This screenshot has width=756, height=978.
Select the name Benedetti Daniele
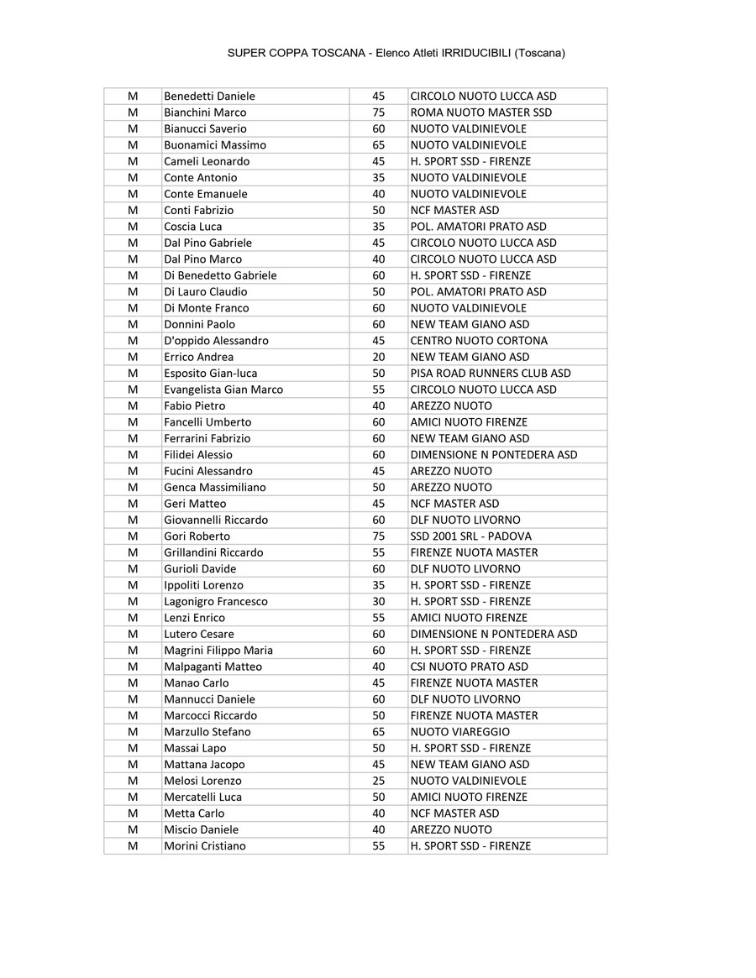[x=209, y=97]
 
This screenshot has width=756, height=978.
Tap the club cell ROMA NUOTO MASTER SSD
[x=480, y=112]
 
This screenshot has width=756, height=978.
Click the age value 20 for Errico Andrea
[x=378, y=357]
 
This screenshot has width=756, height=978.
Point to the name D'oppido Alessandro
[x=216, y=341]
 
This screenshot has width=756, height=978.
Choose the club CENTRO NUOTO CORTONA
[x=478, y=341]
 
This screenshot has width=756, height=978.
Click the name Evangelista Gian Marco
[x=223, y=390]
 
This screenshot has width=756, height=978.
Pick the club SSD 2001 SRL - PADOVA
[x=470, y=536]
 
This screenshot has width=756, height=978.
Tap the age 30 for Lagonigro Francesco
[x=378, y=602]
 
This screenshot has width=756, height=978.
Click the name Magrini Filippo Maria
[x=218, y=651]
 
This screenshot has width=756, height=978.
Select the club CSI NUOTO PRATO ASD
[x=469, y=667]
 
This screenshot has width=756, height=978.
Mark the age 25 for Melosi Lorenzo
[x=378, y=781]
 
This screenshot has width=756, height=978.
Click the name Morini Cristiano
[x=205, y=846]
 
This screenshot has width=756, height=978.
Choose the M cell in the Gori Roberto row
[x=133, y=536]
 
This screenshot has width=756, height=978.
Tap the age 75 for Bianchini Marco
[x=378, y=112]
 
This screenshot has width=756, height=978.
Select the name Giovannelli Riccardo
[x=216, y=520]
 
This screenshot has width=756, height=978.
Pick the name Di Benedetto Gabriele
[x=220, y=275]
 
